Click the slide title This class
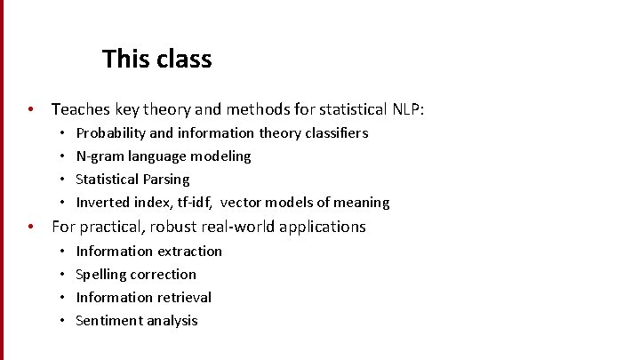(156, 60)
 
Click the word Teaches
(82, 109)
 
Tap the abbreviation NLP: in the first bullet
(409, 109)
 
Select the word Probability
(110, 133)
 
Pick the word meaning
(362, 203)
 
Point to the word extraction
(189, 252)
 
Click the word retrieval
(183, 298)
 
